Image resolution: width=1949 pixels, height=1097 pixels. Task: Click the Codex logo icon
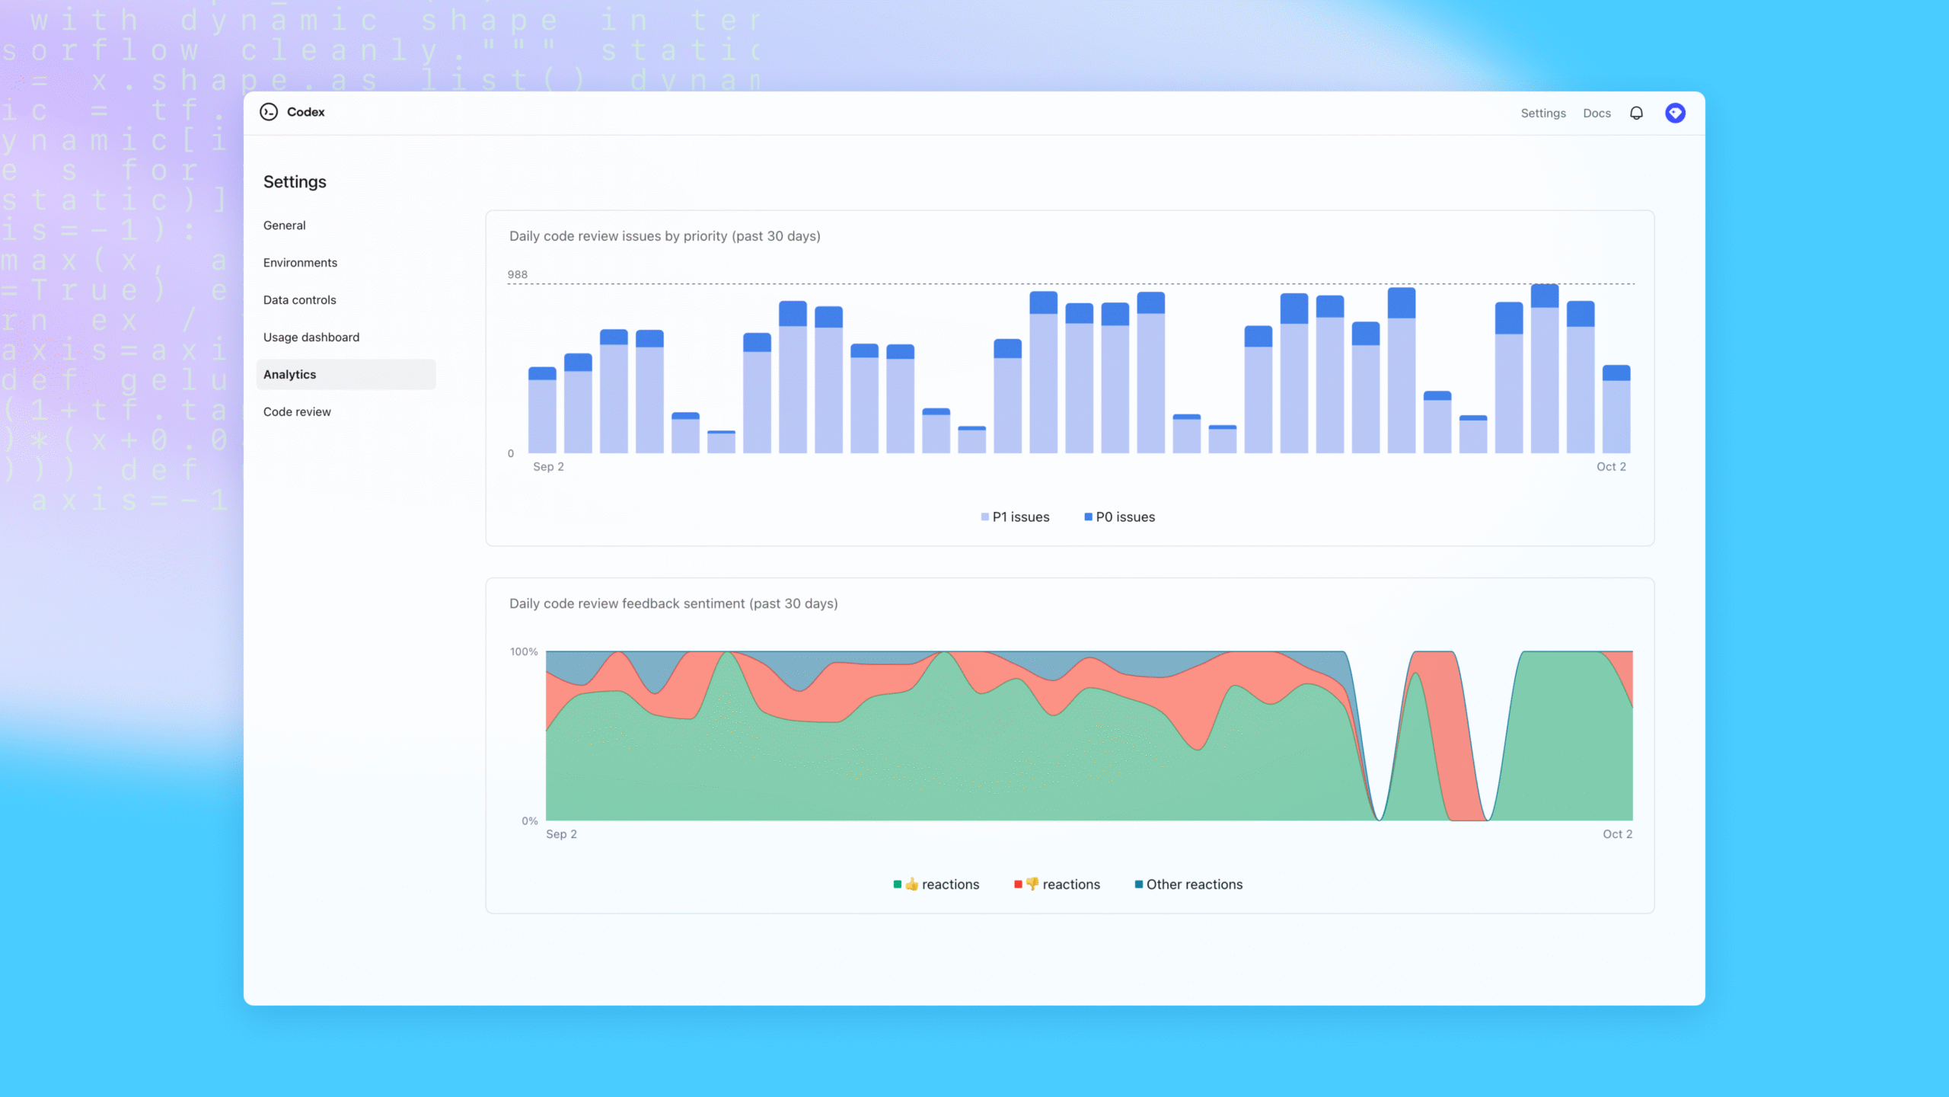click(x=269, y=112)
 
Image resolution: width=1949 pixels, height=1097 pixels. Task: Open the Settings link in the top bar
click(x=1543, y=114)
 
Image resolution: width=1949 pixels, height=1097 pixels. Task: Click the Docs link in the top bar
click(x=1597, y=114)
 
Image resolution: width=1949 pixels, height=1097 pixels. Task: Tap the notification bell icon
click(x=1636, y=114)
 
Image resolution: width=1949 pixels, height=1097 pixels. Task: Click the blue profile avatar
click(x=1675, y=114)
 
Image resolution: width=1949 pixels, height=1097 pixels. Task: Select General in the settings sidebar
click(x=285, y=225)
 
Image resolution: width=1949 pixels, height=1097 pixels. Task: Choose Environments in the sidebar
click(x=300, y=263)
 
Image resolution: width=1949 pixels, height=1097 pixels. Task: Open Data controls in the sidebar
click(x=300, y=300)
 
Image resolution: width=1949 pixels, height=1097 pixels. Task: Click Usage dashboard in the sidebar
click(x=311, y=337)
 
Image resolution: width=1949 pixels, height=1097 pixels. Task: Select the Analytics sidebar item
click(x=290, y=375)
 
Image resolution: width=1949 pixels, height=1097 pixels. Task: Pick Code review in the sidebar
click(x=297, y=412)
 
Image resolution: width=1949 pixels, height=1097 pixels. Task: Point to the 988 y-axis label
click(x=518, y=274)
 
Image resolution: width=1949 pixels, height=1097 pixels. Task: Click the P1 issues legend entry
click(x=1016, y=517)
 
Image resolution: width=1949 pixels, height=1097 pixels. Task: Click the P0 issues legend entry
click(x=1120, y=517)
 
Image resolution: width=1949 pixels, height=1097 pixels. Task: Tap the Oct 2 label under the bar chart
click(x=1611, y=467)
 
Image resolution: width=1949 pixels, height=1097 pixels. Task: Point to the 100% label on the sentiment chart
click(x=524, y=652)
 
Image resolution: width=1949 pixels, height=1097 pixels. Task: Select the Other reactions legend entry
click(x=1189, y=884)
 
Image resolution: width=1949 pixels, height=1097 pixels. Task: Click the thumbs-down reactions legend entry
click(x=1057, y=884)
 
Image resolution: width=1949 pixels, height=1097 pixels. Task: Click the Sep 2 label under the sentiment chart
click(x=561, y=834)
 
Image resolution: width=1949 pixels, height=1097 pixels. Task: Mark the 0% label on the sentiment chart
click(x=529, y=821)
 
